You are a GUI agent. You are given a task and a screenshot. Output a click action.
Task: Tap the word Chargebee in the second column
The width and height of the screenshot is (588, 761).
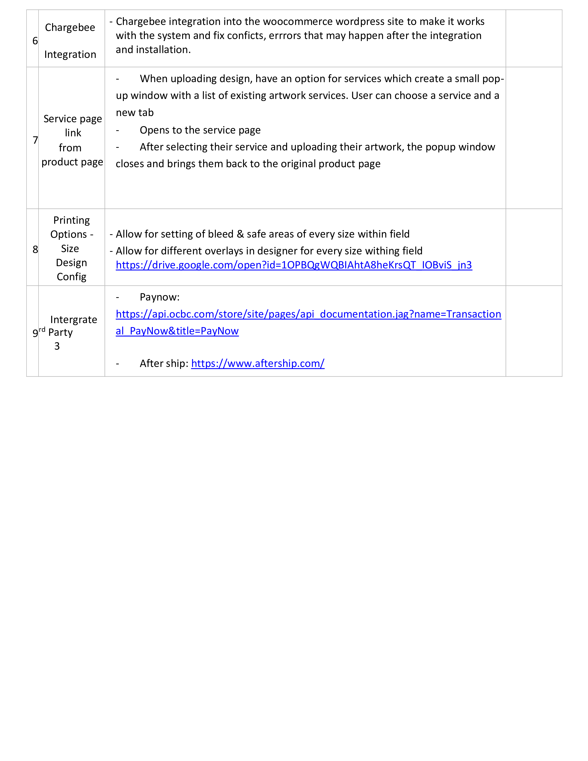point(70,27)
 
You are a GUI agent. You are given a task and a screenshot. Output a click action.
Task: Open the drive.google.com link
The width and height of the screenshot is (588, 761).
point(294,265)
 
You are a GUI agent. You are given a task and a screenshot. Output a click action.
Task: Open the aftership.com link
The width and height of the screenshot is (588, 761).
point(258,363)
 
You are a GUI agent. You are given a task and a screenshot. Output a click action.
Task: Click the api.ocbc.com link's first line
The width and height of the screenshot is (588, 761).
point(308,314)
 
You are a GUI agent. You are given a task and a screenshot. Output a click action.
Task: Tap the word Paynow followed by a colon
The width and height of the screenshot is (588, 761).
point(160,297)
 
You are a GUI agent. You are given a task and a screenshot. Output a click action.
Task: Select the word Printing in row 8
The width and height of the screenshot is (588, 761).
point(71,220)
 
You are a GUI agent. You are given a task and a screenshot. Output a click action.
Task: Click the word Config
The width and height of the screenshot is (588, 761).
point(71,277)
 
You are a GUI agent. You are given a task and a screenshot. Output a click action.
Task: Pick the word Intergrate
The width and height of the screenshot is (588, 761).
point(74,320)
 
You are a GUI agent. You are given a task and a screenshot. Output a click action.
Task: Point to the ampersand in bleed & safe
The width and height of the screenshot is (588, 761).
point(240,234)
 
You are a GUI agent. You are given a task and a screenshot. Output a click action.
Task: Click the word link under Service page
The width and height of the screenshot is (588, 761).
point(73,133)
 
